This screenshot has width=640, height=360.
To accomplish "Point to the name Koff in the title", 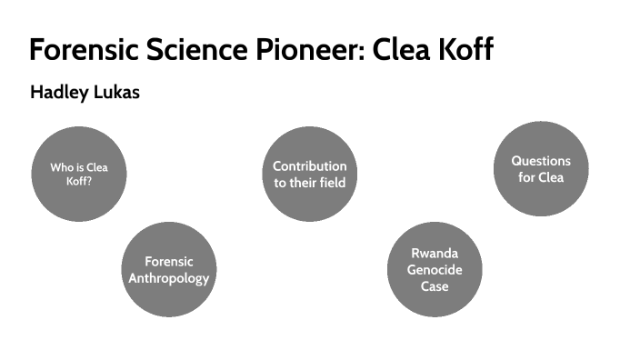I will coord(462,49).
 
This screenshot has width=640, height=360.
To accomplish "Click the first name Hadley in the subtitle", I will coord(56,94).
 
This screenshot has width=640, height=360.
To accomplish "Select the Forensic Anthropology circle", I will coord(168,269).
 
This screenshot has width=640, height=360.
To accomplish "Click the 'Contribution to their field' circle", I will coord(309,174).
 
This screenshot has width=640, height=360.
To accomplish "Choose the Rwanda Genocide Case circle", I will coord(435,269).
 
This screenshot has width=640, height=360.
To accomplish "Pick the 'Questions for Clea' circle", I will coord(541,169).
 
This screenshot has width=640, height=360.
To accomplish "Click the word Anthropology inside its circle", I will coord(168,277).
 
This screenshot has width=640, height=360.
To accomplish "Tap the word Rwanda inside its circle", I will coord(435,253).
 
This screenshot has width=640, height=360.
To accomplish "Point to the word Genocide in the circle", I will coord(435,269).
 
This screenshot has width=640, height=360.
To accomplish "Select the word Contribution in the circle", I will coord(309,166).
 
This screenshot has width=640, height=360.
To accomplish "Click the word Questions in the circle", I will coord(541,161).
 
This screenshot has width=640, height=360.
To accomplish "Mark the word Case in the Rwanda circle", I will coord(435,285).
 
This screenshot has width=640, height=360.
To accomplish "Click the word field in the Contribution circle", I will coord(330,182).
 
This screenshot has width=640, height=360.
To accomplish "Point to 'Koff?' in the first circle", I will coord(79,181).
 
